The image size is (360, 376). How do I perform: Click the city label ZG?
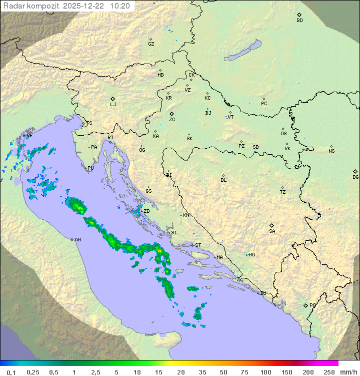click(x=172, y=120)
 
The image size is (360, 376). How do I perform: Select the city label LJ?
click(x=113, y=105)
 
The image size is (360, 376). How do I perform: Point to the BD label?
click(x=299, y=21)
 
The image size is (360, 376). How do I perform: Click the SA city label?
click(x=272, y=231)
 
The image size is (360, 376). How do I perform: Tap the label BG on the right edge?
click(x=355, y=177)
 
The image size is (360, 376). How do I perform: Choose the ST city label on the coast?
click(x=198, y=245)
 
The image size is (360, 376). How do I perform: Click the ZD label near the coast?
click(x=147, y=211)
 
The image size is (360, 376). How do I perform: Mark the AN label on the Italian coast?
click(x=77, y=240)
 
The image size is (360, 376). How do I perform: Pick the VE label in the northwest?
click(x=29, y=136)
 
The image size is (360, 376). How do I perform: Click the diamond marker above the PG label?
click(x=306, y=305)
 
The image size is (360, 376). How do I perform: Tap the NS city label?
click(x=331, y=151)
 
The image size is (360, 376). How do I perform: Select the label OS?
click(x=283, y=134)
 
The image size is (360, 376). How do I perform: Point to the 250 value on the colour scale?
click(x=328, y=372)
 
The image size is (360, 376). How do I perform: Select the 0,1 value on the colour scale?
click(x=11, y=372)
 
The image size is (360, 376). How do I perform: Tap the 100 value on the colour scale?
click(x=265, y=372)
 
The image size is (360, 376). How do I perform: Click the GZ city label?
click(x=151, y=44)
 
